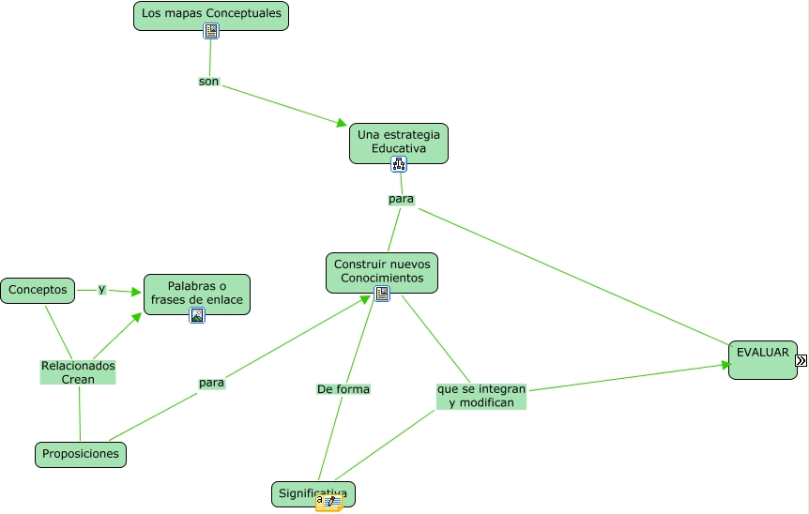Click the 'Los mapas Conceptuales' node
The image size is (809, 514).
tap(211, 14)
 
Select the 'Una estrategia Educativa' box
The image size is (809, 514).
tap(398, 142)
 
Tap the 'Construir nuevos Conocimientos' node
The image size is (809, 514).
tap(381, 271)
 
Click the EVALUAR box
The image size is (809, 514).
tap(762, 359)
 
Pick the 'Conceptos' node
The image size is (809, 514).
tap(38, 291)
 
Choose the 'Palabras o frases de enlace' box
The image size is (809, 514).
tap(197, 292)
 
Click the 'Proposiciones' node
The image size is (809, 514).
tap(80, 454)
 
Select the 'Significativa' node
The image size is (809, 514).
tap(313, 493)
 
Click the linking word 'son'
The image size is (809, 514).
tap(208, 82)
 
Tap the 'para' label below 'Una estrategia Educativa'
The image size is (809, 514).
tap(401, 199)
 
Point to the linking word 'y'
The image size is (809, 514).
tap(101, 289)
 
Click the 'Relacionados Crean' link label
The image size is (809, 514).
tap(78, 372)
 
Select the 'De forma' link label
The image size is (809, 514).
tap(343, 389)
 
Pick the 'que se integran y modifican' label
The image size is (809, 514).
tap(481, 395)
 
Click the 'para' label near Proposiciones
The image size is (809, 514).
tap(211, 383)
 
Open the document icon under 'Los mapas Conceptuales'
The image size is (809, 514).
tap(211, 31)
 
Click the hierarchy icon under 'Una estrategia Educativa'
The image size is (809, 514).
tap(399, 164)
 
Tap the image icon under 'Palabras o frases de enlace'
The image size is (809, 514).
tap(197, 315)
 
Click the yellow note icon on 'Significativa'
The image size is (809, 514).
tap(329, 502)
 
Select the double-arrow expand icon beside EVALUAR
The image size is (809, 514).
tap(801, 360)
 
